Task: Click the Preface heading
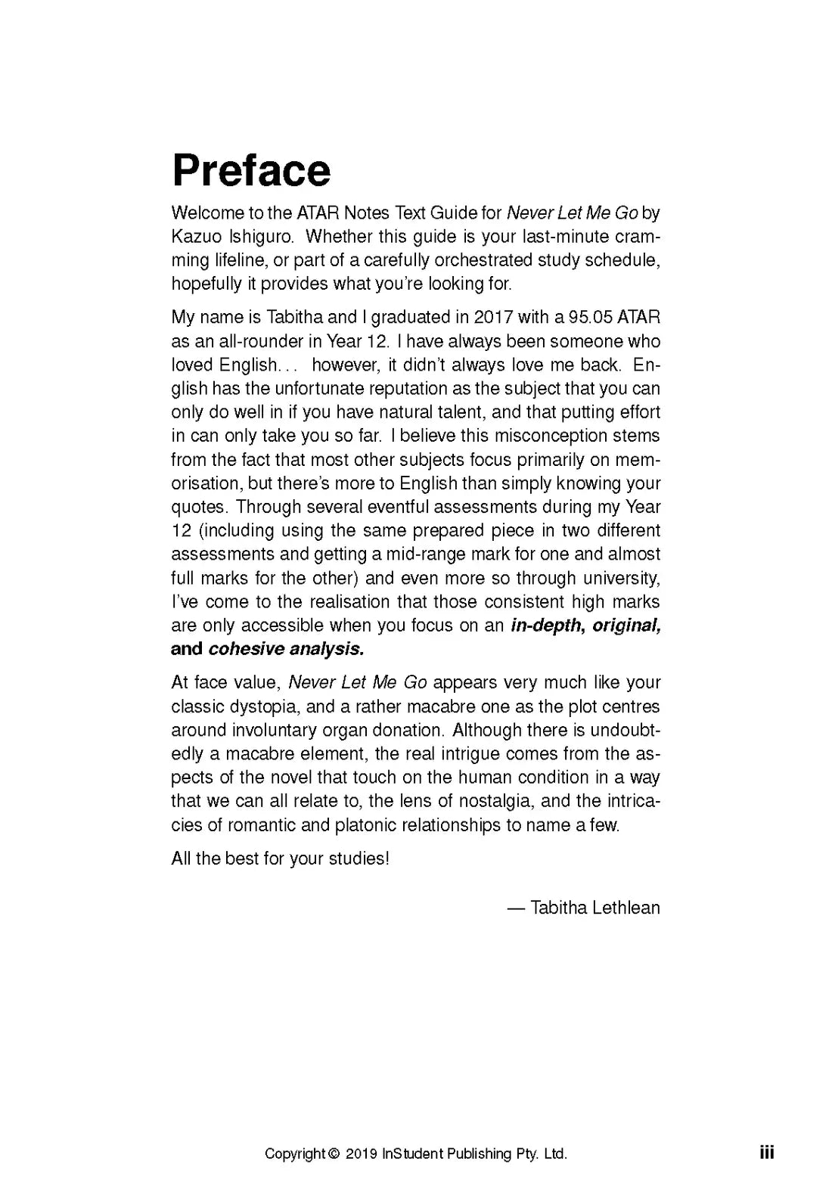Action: pos(251,170)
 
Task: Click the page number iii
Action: pos(767,1153)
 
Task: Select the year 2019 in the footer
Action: pos(362,1154)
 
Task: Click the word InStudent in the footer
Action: pos(413,1154)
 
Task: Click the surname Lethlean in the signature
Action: pos(626,908)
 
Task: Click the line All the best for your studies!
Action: pos(280,859)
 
